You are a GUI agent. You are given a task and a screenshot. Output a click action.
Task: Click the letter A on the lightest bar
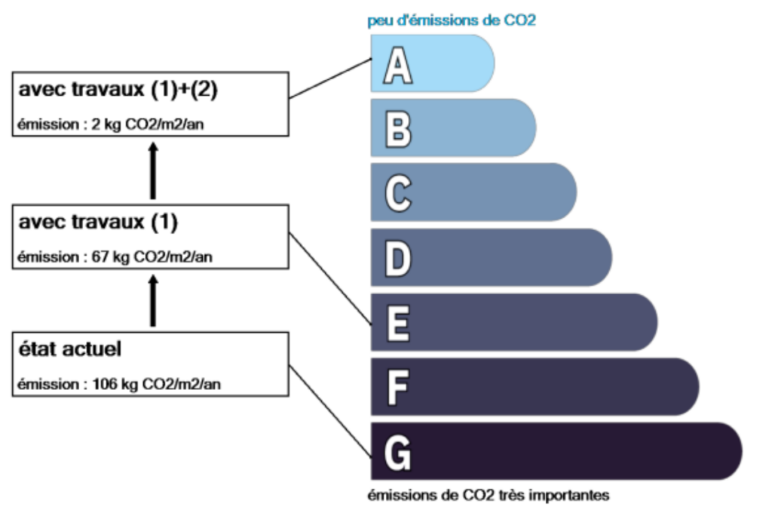398,65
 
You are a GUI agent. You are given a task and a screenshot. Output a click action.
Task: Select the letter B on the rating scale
398,129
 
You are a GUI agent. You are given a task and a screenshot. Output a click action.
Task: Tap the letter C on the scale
398,193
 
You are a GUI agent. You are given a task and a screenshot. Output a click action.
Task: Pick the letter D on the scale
398,258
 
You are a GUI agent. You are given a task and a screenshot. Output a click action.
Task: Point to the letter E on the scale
398,323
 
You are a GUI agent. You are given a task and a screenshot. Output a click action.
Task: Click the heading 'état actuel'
70,349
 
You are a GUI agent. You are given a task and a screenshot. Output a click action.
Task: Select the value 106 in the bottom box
103,383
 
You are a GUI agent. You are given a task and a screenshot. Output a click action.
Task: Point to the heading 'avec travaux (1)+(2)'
118,89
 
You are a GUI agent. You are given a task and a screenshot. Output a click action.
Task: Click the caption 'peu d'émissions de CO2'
452,20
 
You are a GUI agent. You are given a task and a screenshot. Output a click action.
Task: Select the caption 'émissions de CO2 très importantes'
489,495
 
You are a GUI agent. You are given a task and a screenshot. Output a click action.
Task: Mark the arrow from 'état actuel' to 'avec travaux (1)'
153,301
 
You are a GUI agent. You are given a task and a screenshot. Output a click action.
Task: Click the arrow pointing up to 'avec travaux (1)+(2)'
153,170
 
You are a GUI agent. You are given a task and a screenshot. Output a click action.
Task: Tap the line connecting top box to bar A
330,78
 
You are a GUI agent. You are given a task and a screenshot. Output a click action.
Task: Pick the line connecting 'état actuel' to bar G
330,412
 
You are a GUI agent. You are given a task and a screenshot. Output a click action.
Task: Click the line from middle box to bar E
330,278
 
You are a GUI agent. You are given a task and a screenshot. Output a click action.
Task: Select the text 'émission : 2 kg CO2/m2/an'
110,124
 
